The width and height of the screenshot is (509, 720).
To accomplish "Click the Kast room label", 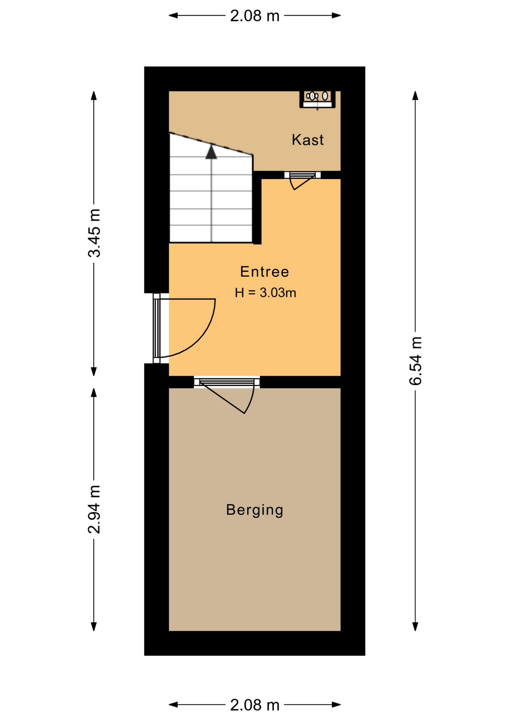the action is click(x=307, y=140).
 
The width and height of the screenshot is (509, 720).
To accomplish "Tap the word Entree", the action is click(x=265, y=272).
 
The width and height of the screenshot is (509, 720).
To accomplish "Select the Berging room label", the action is click(x=254, y=510).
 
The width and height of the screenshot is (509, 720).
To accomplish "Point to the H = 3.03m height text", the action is click(x=265, y=292).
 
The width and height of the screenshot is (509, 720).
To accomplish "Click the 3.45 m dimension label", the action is click(x=94, y=233).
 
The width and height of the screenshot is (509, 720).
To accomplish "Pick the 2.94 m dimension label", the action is click(x=94, y=509).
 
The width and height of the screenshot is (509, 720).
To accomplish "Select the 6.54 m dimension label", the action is click(x=415, y=361).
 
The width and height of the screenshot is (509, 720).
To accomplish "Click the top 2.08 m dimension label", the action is click(x=255, y=16).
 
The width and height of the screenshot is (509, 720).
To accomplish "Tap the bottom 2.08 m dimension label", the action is click(x=255, y=705).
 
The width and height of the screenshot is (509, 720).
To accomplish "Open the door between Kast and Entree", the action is click(x=302, y=180).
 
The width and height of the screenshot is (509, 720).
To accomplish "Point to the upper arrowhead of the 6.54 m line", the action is click(x=415, y=96).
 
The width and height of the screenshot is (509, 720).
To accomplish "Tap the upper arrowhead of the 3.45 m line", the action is click(x=94, y=96).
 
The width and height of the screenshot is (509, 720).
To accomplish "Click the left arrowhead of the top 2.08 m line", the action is click(x=173, y=15).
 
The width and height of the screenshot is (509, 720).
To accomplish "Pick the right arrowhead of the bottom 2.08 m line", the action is click(x=336, y=705).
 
